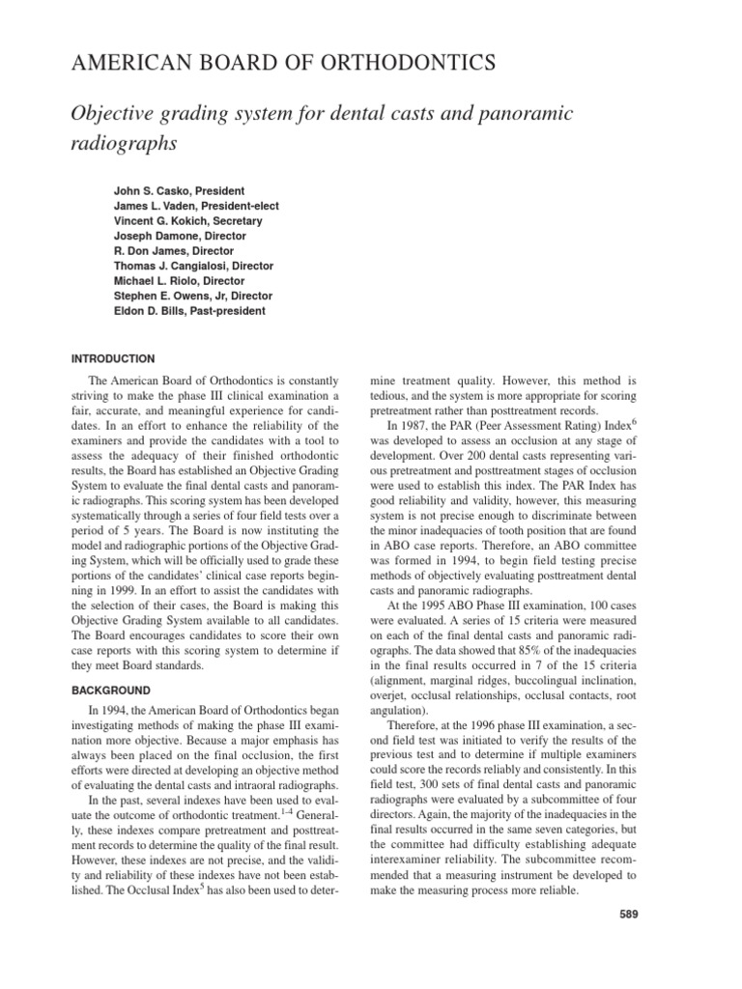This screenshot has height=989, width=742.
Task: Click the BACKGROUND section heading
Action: point(110,692)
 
